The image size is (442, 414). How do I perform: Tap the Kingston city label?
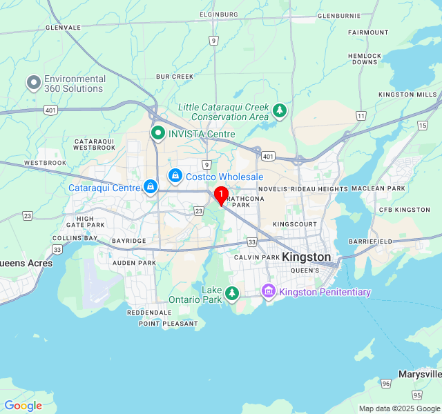[x=307, y=257]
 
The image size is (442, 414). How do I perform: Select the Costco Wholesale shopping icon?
[x=175, y=177]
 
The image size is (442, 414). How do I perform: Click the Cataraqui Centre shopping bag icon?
[x=150, y=187]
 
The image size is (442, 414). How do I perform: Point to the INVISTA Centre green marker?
[x=158, y=134]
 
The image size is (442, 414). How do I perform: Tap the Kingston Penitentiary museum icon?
[x=269, y=292]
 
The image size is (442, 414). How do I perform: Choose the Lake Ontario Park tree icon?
[x=233, y=293]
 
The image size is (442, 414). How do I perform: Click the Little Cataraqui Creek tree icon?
[x=279, y=110]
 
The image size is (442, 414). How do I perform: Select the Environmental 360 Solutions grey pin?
[x=33, y=83]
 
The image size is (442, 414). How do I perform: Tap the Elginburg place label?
[x=218, y=14]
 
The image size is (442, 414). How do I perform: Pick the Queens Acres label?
[x=26, y=263]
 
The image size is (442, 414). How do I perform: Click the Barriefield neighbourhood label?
[x=370, y=241]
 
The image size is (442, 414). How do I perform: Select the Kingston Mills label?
[x=407, y=95]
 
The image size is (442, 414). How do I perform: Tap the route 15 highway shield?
[x=422, y=125]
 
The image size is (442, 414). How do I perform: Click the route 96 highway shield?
[x=385, y=383]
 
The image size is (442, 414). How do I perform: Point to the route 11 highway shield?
[x=361, y=116]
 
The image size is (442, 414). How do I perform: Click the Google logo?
[x=23, y=406]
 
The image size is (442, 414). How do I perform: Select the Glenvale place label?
[x=63, y=28]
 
